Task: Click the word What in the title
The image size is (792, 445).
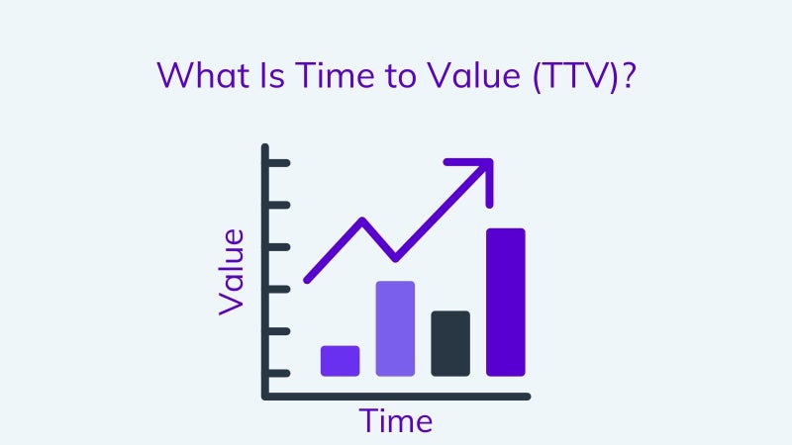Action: click(204, 75)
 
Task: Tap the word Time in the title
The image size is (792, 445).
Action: click(335, 75)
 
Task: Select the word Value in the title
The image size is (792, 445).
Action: click(474, 75)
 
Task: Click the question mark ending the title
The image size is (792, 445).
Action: click(629, 75)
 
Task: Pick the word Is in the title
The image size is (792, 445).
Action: click(273, 75)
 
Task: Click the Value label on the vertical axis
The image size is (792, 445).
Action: click(232, 273)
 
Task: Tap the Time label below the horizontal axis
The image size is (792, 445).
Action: click(396, 421)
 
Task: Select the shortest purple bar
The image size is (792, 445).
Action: click(340, 361)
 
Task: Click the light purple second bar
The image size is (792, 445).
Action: click(395, 328)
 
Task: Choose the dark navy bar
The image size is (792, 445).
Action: click(450, 343)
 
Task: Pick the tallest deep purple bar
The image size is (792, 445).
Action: click(506, 303)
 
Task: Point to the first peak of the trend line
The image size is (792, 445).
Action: click(362, 221)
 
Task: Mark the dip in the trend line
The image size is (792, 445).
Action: click(395, 258)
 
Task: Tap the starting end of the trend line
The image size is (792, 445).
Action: click(307, 280)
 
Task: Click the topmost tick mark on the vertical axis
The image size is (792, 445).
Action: click(278, 163)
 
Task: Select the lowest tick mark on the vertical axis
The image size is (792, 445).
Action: click(278, 374)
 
